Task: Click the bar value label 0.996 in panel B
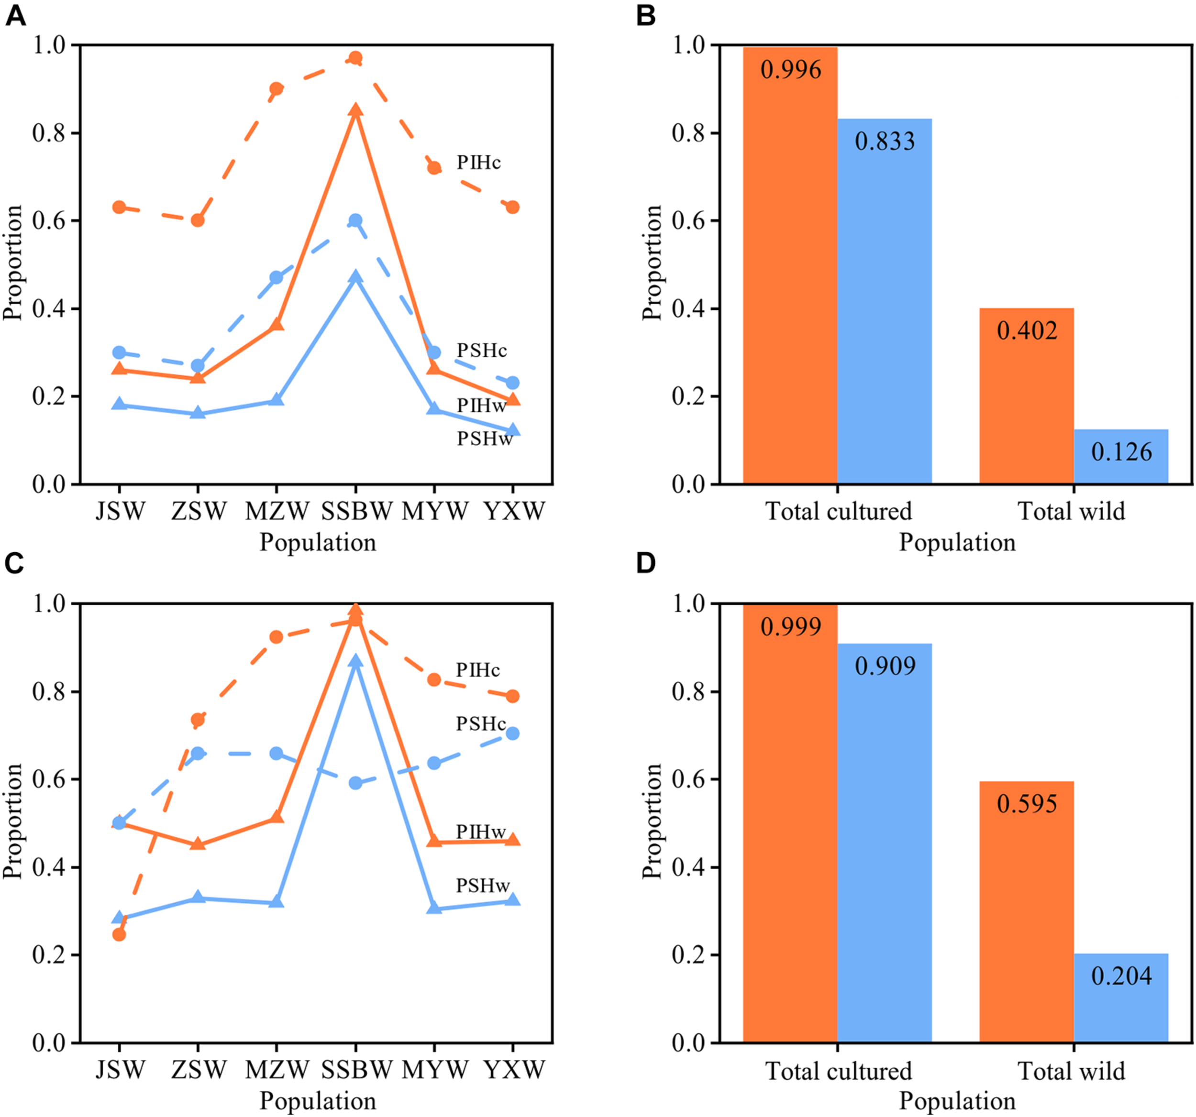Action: pyautogui.click(x=790, y=70)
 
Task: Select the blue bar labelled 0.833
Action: pyautogui.click(x=885, y=301)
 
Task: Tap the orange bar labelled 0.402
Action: pyautogui.click(x=1026, y=397)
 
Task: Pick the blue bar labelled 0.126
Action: pyautogui.click(x=1121, y=457)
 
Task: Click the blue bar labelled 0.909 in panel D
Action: pyautogui.click(x=885, y=842)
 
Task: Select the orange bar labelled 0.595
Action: pyautogui.click(x=1026, y=914)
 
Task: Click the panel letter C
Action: pyautogui.click(x=14, y=563)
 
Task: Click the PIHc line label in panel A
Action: pyautogui.click(x=478, y=162)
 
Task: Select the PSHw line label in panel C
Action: pyautogui.click(x=483, y=886)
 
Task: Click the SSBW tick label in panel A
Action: pyautogui.click(x=356, y=512)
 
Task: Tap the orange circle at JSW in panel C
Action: pyautogui.click(x=119, y=934)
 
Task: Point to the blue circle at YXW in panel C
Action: pyautogui.click(x=512, y=734)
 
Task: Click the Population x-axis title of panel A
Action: pyautogui.click(x=318, y=542)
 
